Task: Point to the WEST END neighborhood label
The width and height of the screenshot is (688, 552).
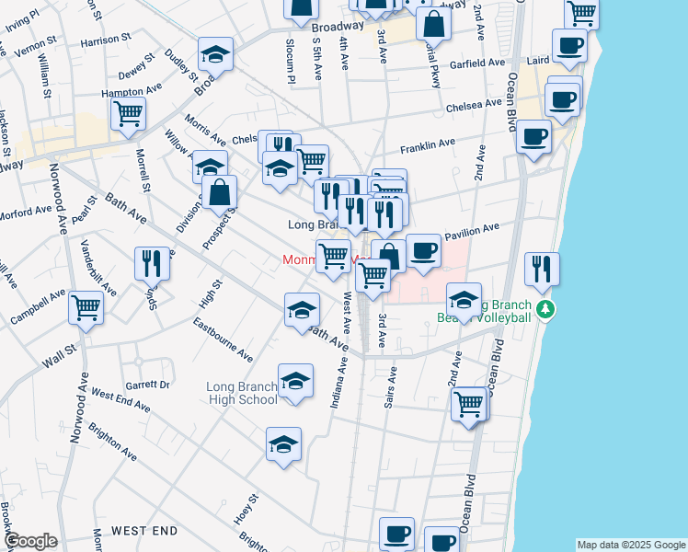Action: (x=144, y=531)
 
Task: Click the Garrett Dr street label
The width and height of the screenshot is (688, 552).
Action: (x=148, y=385)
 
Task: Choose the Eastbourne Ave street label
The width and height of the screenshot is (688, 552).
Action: (x=223, y=339)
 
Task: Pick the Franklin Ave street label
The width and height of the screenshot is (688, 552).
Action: (x=427, y=145)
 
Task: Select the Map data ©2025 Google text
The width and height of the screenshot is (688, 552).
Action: (x=631, y=545)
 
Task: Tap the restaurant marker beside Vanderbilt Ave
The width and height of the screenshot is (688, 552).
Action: (x=153, y=263)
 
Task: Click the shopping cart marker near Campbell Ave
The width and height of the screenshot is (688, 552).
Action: (x=86, y=309)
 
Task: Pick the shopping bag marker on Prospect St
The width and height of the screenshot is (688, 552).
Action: (x=220, y=192)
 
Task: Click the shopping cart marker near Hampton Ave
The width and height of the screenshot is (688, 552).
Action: (x=128, y=114)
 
